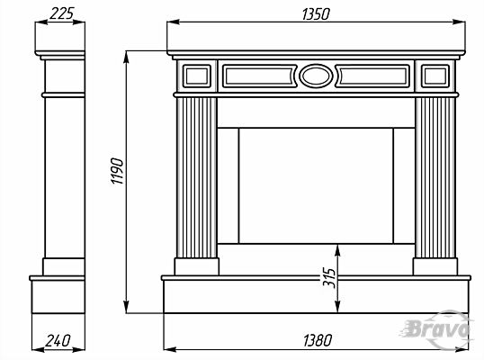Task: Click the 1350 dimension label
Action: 316,14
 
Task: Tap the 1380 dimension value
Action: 318,340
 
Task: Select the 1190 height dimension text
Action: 117,171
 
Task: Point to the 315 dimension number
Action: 329,278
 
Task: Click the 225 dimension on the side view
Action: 62,13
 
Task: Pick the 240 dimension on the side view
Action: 58,340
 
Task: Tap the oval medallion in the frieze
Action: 316,76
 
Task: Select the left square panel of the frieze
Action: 197,76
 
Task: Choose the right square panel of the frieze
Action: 435,76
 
